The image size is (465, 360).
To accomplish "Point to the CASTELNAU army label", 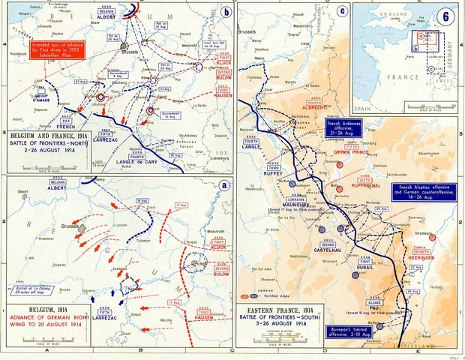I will [x=327, y=256].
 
